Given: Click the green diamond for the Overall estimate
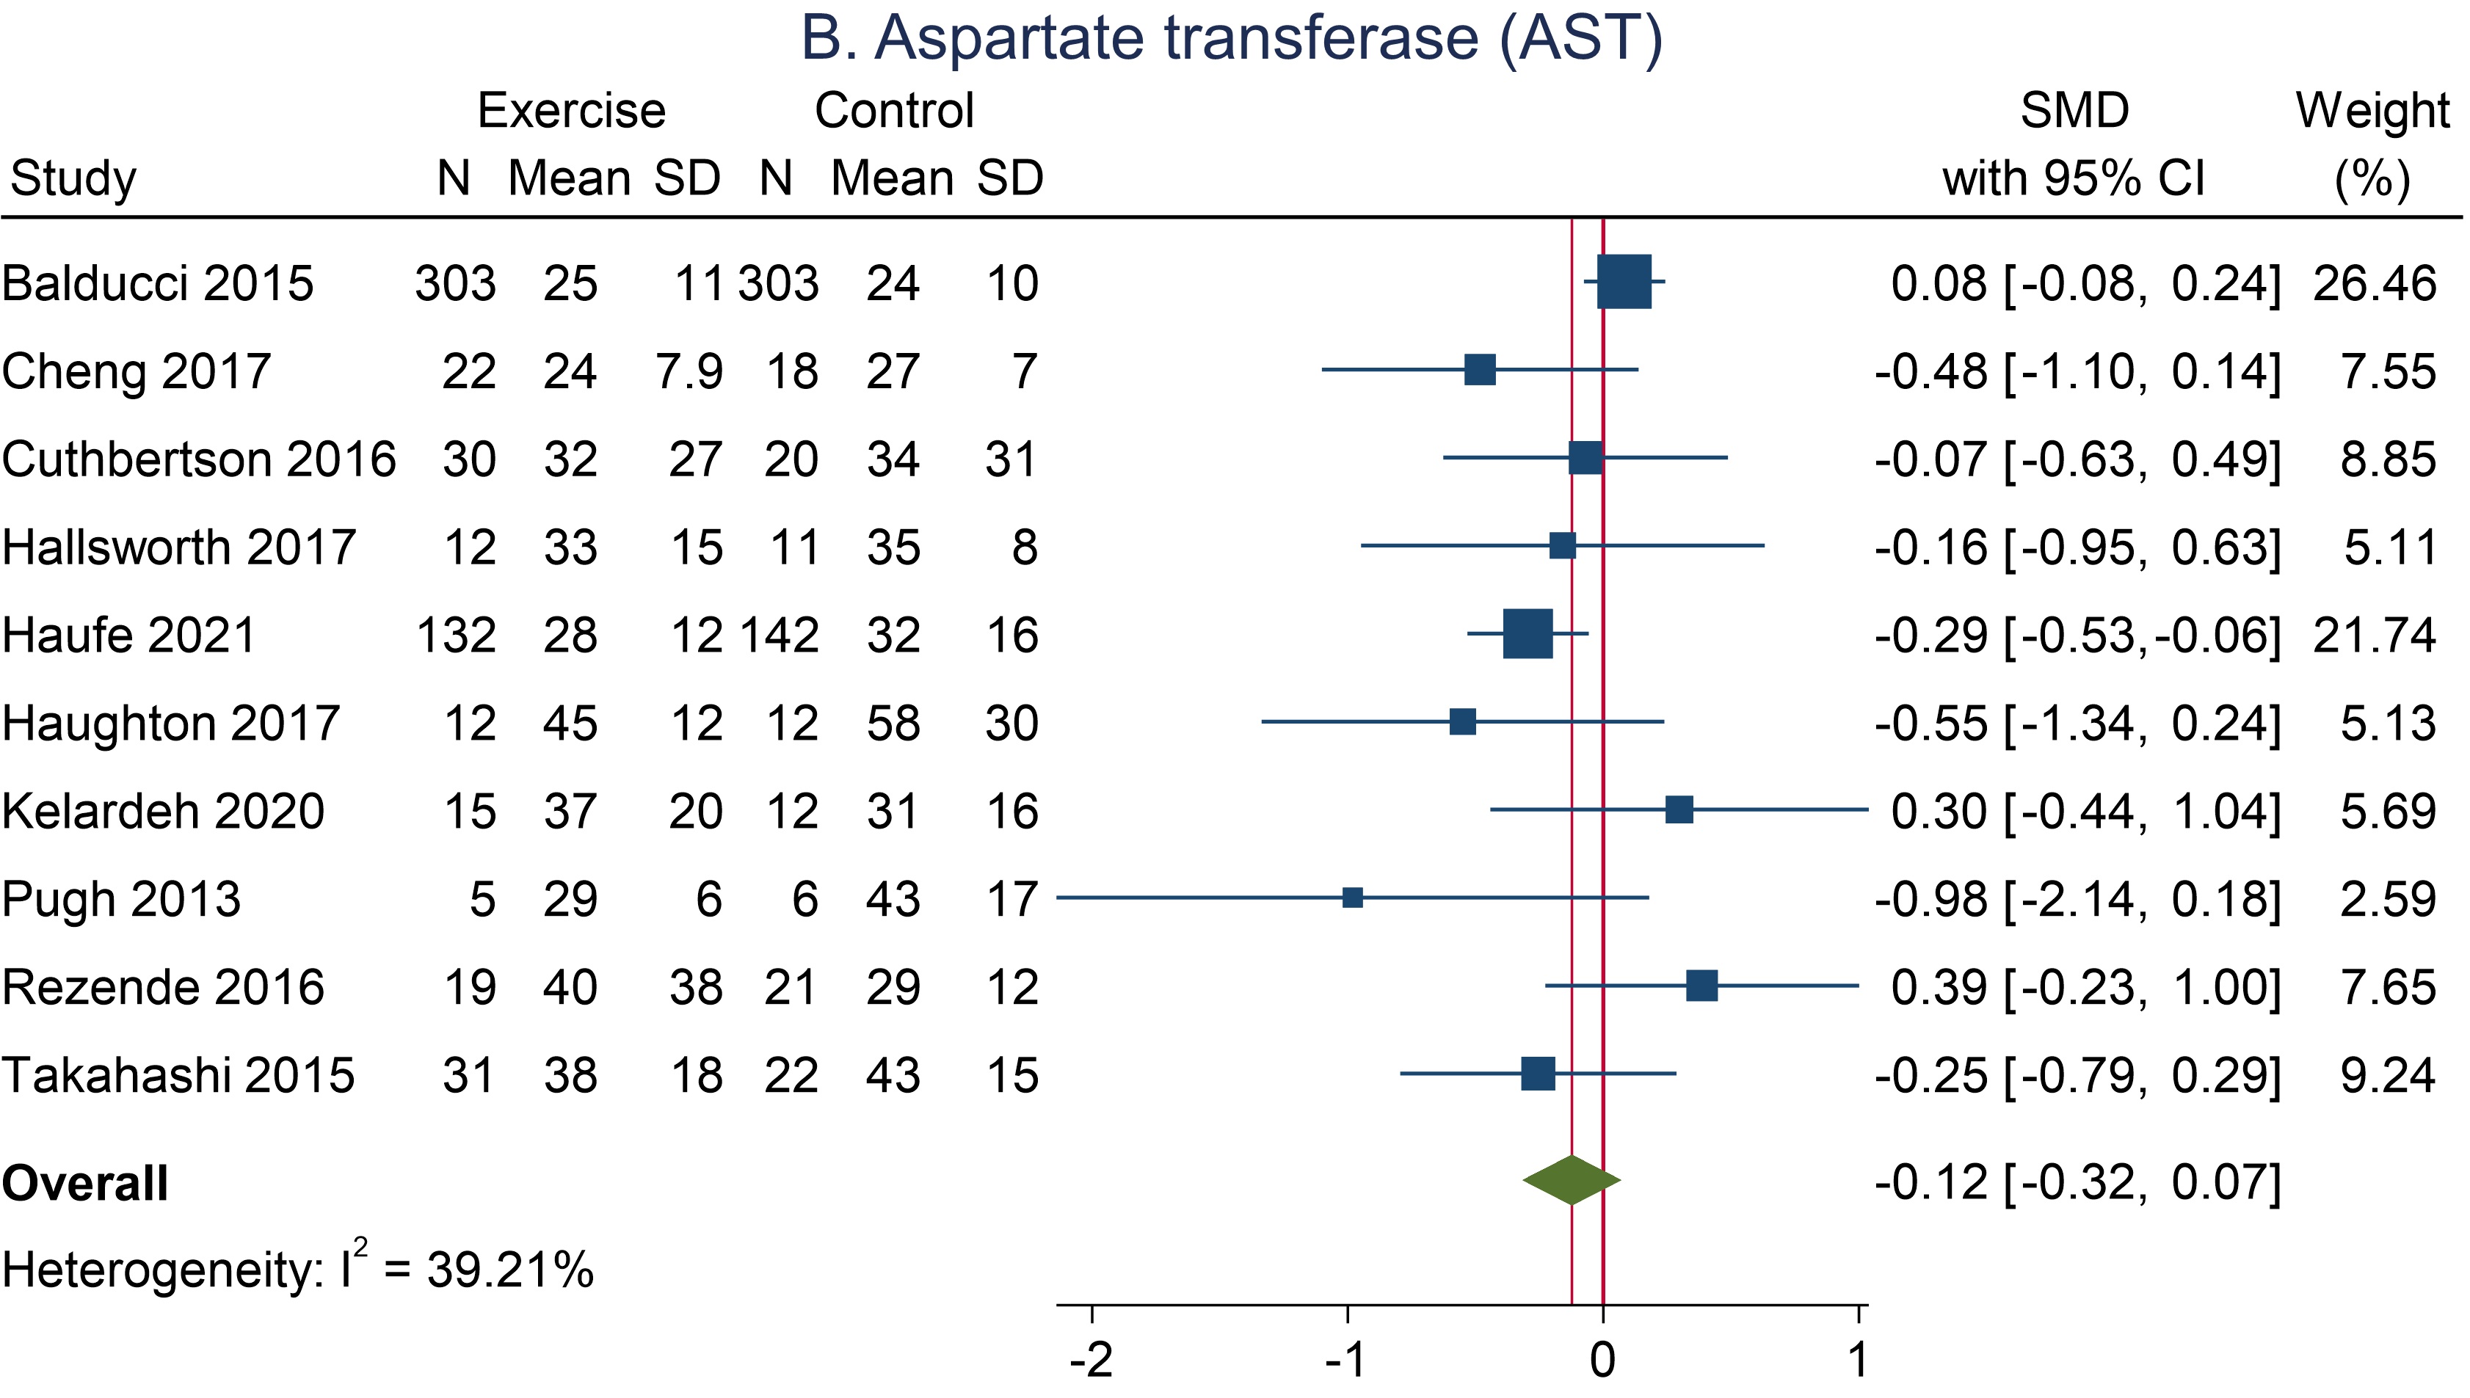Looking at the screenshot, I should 1571,1180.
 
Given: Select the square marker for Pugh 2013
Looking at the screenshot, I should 1352,898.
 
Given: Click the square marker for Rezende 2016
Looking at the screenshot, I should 1701,985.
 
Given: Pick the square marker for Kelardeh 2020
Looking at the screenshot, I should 1679,809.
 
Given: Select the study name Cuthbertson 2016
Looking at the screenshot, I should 199,459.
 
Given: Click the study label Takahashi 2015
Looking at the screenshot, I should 178,1075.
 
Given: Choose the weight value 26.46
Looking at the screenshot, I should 2374,283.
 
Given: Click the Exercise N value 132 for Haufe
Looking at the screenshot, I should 456,636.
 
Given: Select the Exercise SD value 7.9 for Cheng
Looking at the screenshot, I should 689,371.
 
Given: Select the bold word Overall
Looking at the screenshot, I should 84,1183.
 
